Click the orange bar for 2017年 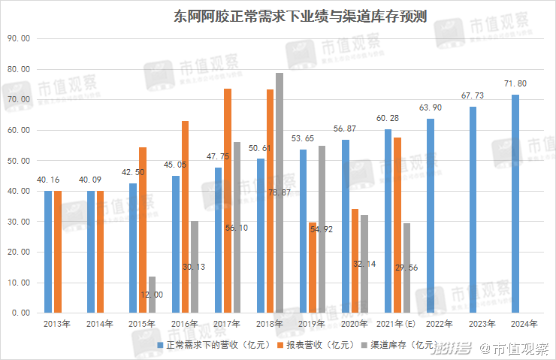click(228, 200)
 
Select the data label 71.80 click(515, 83)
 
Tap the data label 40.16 click(48, 180)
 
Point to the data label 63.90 click(430, 107)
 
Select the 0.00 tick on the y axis click(20, 313)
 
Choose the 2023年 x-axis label click(482, 325)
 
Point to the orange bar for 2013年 click(57, 252)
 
